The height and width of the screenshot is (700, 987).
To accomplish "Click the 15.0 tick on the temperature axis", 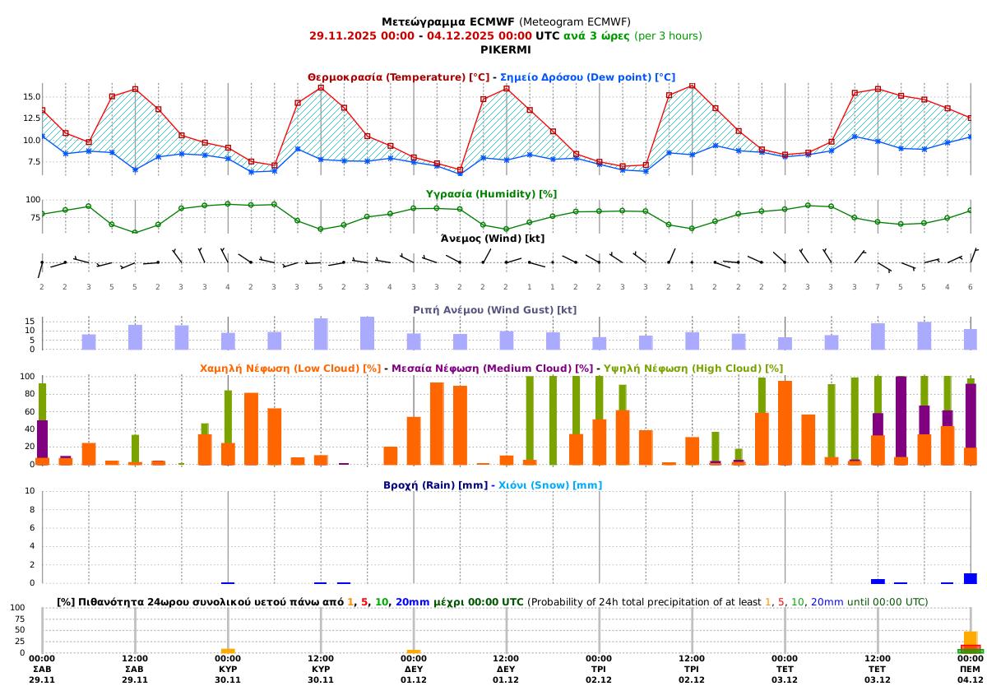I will point(30,97).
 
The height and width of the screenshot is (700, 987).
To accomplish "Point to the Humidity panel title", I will point(491,194).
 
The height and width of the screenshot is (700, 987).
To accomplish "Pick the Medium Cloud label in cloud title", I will point(492,369).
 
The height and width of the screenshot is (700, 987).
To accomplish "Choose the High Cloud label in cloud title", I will point(693,369).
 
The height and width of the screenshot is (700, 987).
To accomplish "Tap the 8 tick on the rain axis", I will point(30,509).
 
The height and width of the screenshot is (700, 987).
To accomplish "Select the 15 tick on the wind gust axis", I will point(29,321).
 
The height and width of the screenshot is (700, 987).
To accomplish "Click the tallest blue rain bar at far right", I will point(971,578).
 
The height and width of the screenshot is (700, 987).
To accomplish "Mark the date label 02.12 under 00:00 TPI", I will point(599,679).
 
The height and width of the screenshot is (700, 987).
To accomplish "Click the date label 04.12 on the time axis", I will point(971,679).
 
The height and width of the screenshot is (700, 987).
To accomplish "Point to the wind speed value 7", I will point(878,286).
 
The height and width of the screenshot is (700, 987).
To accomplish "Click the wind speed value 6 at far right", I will point(971,286).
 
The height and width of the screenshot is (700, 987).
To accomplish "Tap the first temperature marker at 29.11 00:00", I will point(42,110).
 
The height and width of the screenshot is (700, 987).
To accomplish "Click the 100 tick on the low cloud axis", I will point(27,377).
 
